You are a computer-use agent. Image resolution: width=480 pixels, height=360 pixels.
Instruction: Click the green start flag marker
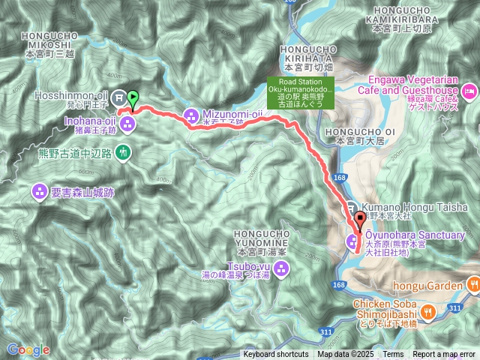(133, 97)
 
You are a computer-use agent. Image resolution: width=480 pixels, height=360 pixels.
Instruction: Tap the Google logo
(28, 349)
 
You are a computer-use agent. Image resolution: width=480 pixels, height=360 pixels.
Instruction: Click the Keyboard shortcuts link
(275, 355)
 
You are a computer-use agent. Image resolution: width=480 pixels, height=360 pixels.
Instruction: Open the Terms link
(393, 355)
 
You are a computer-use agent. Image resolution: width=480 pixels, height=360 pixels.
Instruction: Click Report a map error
(444, 355)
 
